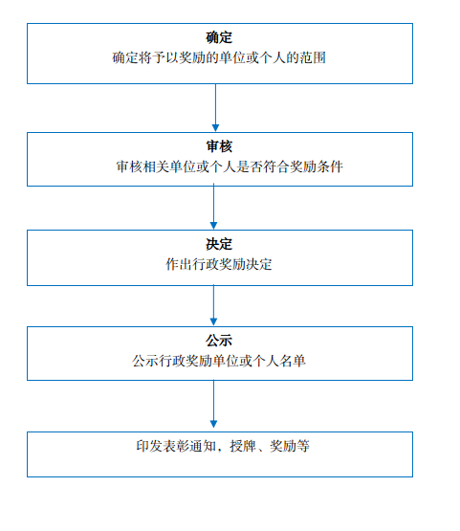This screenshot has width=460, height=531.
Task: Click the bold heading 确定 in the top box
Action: point(219,37)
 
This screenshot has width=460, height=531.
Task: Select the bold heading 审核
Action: point(219,146)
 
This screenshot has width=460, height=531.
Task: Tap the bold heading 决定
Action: point(219,244)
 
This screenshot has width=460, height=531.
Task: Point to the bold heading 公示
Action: point(219,341)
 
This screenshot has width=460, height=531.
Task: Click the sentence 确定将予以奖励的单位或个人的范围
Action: point(219,57)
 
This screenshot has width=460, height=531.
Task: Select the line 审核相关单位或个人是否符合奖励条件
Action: point(230,166)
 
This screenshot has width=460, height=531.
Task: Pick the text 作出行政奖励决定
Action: point(219,264)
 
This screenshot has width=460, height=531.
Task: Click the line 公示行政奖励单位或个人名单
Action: point(219,361)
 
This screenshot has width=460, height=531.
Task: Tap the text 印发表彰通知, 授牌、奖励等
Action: point(223,446)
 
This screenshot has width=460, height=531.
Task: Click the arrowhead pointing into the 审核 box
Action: point(215,128)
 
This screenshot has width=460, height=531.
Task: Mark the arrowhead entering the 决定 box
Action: point(213,226)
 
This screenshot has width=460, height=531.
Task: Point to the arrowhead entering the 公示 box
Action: point(213,322)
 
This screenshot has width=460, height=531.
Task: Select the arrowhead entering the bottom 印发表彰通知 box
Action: point(213,424)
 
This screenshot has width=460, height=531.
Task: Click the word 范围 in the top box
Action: point(313,57)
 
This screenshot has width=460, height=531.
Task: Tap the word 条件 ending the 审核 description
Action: point(330,166)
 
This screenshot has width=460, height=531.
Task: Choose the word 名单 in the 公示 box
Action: point(293,361)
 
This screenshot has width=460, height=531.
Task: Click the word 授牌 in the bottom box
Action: point(243,446)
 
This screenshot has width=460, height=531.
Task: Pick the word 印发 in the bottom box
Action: point(149,446)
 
